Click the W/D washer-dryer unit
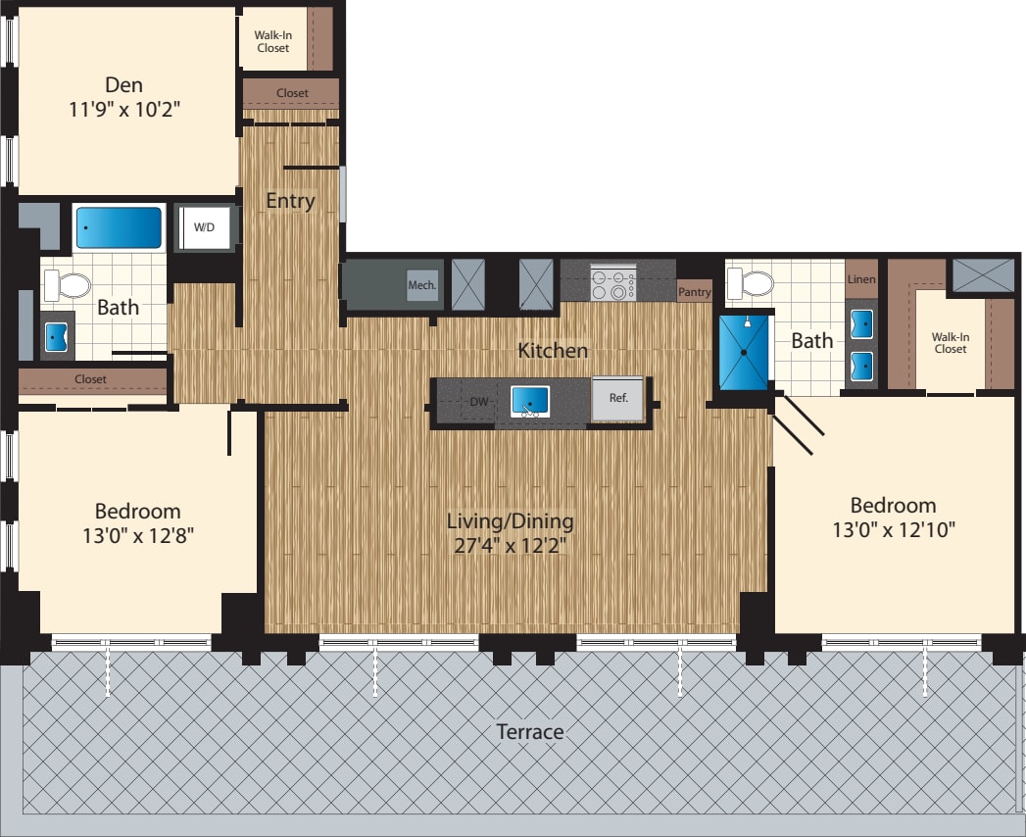[x=206, y=227]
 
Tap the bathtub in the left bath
[x=119, y=227]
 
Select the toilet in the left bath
[x=68, y=285]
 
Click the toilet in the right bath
[x=751, y=284]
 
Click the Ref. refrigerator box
[x=618, y=399]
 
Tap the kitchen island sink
[x=530, y=401]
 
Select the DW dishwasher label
[x=479, y=402]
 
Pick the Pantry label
[x=694, y=292]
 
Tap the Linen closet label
[x=860, y=279]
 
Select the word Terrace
[x=529, y=731]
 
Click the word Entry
[x=290, y=201]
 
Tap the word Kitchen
[x=553, y=350]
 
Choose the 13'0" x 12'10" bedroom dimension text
[x=893, y=530]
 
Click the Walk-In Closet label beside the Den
[x=272, y=41]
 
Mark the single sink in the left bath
[x=55, y=336]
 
